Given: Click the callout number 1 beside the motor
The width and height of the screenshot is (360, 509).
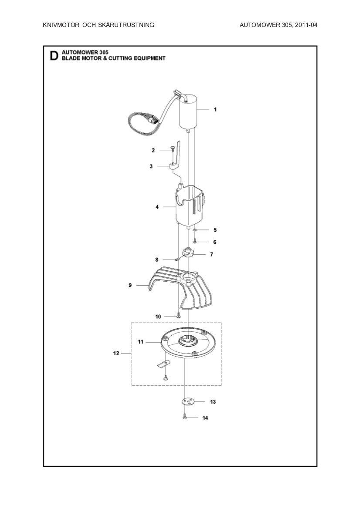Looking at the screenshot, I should click(x=215, y=110).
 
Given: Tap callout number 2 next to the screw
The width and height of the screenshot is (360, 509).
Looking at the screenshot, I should click(x=153, y=150).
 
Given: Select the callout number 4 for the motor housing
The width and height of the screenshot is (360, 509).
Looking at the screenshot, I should click(x=157, y=207).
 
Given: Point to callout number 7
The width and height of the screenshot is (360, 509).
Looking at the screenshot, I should click(x=211, y=254).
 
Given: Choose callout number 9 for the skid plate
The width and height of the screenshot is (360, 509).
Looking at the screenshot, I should click(x=130, y=285).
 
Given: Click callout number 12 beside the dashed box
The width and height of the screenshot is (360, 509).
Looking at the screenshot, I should click(x=116, y=354).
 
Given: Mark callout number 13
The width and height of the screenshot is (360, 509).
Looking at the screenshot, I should click(x=213, y=401).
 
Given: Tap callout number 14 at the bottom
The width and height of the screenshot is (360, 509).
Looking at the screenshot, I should click(x=205, y=418).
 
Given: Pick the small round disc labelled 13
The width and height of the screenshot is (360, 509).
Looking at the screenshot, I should click(x=188, y=401).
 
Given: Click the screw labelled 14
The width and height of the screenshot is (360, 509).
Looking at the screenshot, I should click(x=185, y=418).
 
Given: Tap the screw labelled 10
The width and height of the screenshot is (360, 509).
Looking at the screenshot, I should click(x=179, y=316).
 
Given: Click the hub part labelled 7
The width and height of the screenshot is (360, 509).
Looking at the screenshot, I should click(x=188, y=253).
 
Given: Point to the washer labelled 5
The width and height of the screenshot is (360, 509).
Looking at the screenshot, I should click(x=196, y=229).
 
